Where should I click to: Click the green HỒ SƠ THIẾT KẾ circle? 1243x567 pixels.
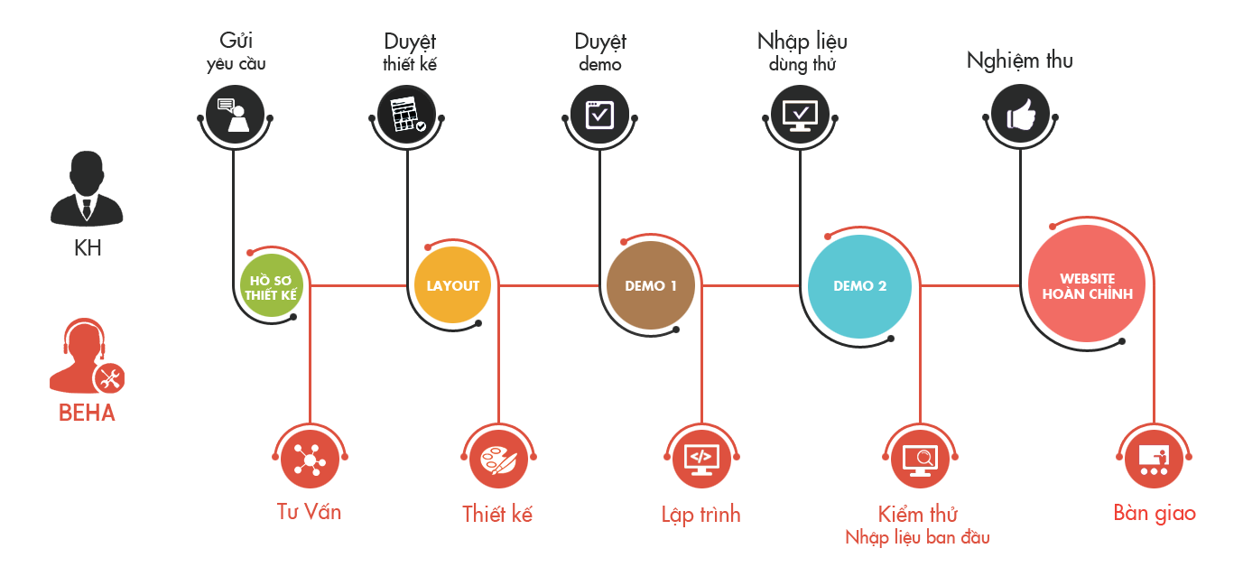point(272,285)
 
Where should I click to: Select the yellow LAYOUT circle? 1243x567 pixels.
point(453,285)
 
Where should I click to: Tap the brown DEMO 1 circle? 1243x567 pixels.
point(650,285)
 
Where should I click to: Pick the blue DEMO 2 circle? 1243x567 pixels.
point(859,286)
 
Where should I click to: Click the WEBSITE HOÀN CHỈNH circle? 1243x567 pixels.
point(1087,283)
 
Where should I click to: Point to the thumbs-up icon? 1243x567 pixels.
point(1020,115)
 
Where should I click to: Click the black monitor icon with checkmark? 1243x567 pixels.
point(800,115)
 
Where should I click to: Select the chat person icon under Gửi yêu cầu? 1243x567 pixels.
point(235,115)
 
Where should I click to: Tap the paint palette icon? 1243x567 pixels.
point(498,459)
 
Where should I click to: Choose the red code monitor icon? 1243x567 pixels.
point(701,459)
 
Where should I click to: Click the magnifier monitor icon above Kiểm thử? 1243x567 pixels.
point(920,459)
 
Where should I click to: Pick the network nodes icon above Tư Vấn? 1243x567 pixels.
point(310,459)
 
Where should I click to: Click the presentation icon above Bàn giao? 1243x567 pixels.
point(1154,459)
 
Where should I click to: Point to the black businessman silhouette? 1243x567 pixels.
point(87,189)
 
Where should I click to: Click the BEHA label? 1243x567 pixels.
point(88,414)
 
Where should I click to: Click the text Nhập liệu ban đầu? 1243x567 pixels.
point(917,537)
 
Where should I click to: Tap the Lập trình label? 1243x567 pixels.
point(700,515)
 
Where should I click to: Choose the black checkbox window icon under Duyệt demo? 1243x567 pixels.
point(599,115)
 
